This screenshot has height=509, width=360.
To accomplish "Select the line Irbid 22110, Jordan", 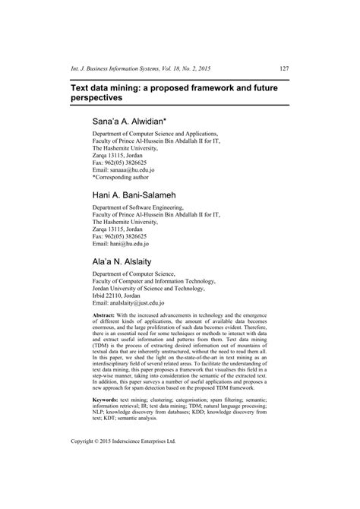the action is [x=122, y=294].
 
